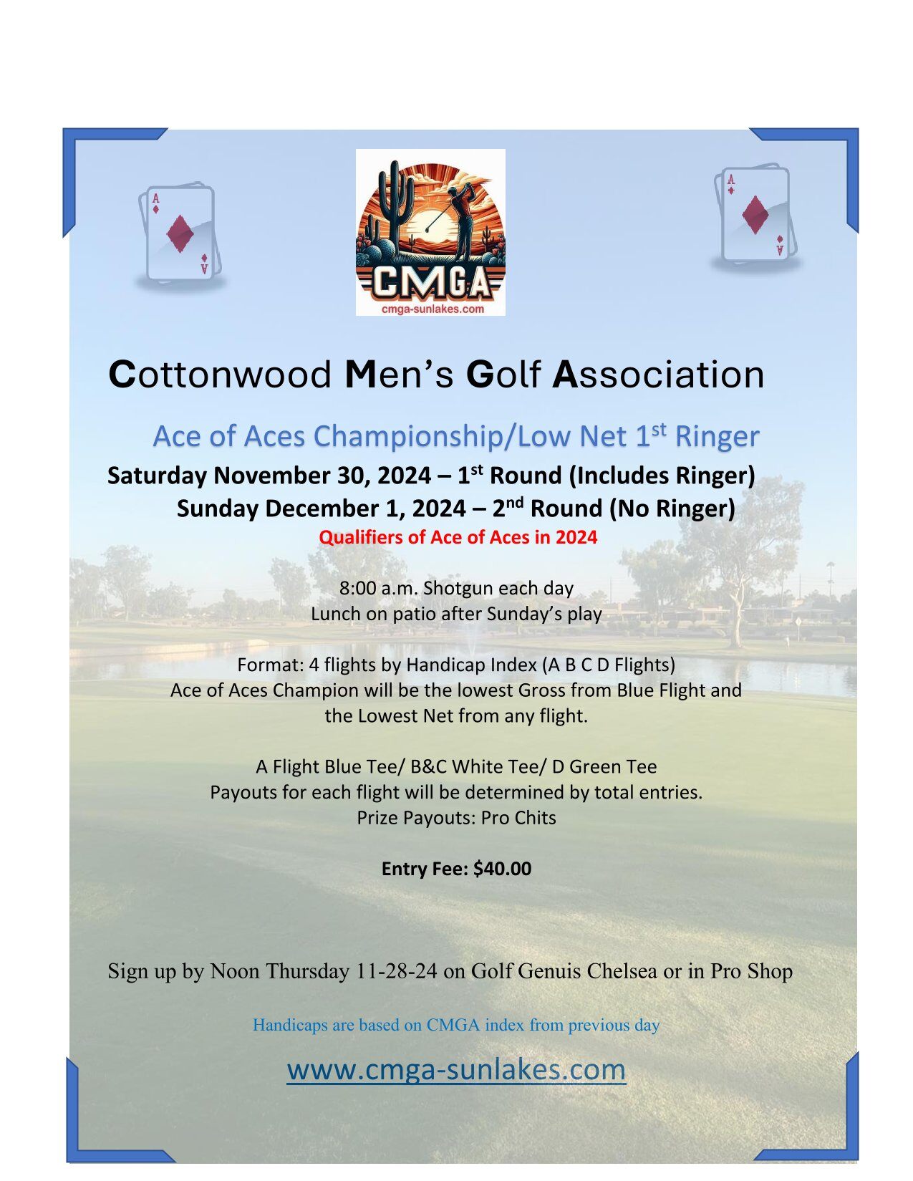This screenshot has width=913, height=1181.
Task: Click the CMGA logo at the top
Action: (x=430, y=232)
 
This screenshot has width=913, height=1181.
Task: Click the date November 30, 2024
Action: (x=323, y=476)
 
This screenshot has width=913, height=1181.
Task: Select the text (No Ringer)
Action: (x=672, y=508)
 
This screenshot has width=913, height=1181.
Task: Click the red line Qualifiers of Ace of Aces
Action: (x=458, y=537)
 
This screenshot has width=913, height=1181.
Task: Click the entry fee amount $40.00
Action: (x=502, y=869)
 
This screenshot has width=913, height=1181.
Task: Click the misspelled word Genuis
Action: (x=550, y=971)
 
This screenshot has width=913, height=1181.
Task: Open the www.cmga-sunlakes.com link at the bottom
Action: (x=456, y=1069)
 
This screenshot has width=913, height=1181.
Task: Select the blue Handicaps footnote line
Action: (x=456, y=1025)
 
